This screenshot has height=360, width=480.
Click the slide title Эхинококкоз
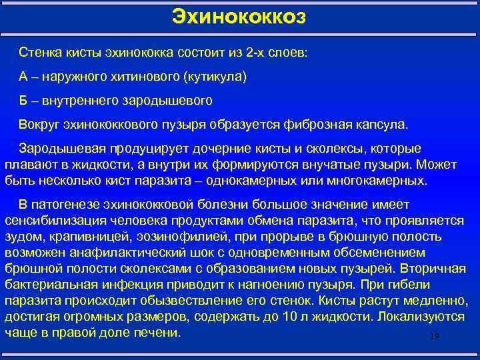(239, 15)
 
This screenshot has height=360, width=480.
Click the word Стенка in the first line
(41, 52)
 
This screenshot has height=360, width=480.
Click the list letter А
(23, 77)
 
